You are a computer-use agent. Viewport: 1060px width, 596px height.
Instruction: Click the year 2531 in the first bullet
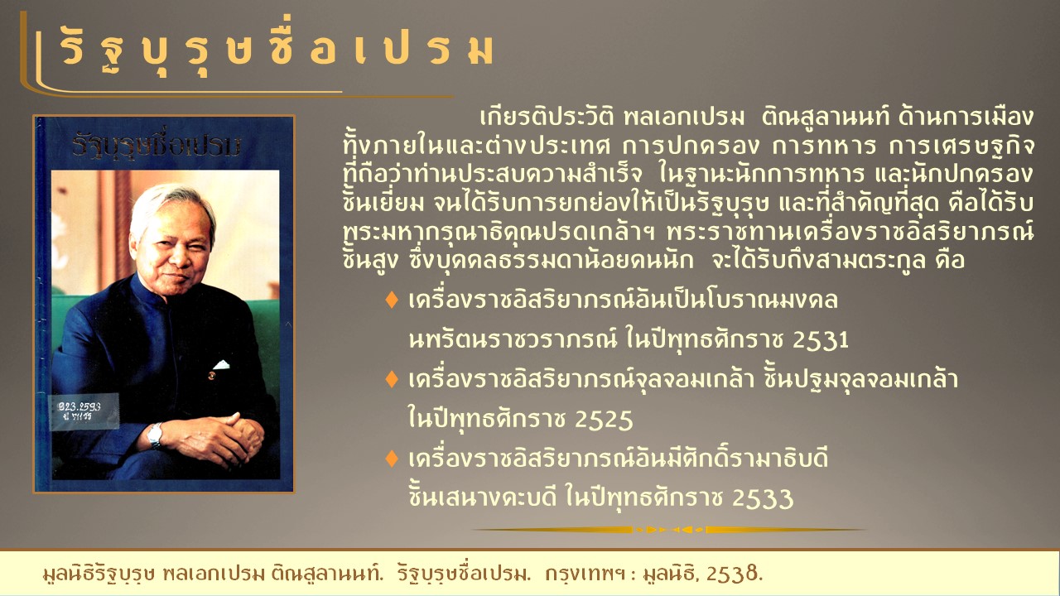point(821,340)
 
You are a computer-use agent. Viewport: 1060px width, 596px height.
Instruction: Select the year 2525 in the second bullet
point(604,420)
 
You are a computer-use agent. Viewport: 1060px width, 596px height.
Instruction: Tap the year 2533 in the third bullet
point(763,498)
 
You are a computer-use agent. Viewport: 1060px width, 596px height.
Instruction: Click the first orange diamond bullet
point(392,300)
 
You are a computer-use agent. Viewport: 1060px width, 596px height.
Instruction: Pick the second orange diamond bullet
point(392,379)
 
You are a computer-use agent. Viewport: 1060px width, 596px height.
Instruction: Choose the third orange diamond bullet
point(392,459)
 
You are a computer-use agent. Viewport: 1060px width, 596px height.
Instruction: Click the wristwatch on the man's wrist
point(155,435)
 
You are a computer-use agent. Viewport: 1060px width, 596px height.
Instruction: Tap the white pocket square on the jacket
point(221,365)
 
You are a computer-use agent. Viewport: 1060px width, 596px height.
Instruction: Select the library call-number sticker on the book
point(84,411)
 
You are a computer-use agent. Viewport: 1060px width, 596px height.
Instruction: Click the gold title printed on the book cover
point(157,144)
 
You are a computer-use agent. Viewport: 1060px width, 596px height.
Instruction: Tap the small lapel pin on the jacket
point(211,376)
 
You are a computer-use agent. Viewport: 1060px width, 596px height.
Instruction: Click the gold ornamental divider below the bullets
point(670,530)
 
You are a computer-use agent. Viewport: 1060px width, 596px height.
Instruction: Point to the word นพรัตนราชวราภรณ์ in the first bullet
point(513,339)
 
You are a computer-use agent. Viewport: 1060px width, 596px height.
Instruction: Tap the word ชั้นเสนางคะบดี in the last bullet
point(483,497)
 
